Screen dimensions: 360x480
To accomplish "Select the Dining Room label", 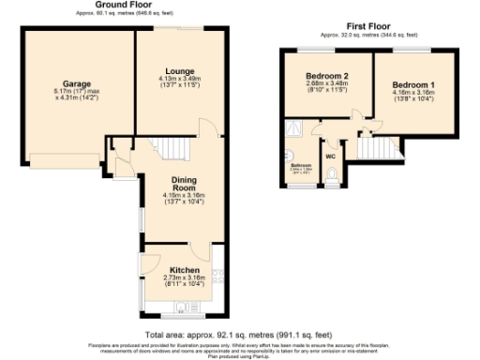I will point(182,183).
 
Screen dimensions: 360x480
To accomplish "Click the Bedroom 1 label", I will point(412,84).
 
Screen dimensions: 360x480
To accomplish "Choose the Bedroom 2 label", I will point(325,76).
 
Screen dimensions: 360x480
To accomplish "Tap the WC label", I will point(331,156).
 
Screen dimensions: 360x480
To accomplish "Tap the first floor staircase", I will point(376,147).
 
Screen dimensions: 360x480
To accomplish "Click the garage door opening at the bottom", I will point(65,155).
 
